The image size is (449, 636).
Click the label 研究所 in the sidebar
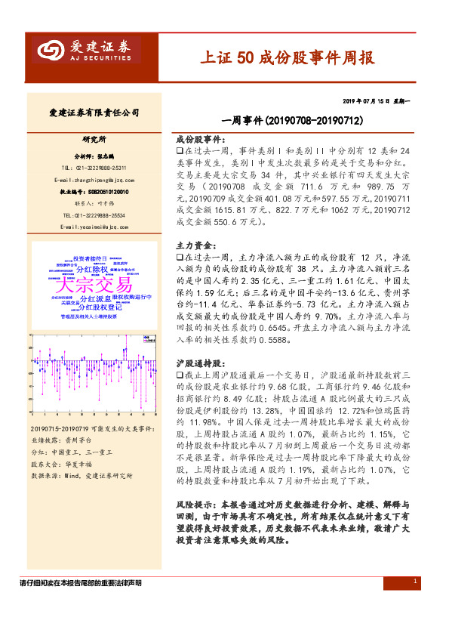(x=94, y=140)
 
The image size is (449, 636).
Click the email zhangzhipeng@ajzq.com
(x=94, y=180)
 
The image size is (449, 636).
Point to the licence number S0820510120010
(x=103, y=192)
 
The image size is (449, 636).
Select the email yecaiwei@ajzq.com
(x=94, y=226)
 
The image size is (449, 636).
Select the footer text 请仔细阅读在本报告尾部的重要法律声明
(x=81, y=583)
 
